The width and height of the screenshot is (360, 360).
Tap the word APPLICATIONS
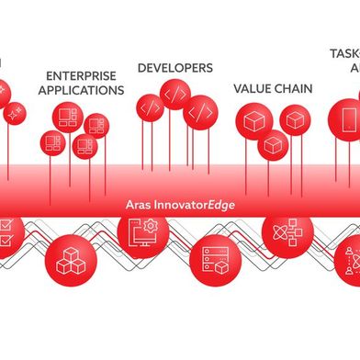[82, 91]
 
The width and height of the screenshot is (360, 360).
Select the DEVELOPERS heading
[174, 68]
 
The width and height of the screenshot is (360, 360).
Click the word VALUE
[252, 88]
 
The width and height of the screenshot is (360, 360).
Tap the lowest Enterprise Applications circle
[84, 146]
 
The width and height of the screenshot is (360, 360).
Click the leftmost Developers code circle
[152, 107]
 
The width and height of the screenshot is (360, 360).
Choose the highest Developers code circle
[174, 94]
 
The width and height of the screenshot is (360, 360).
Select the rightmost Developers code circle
[201, 112]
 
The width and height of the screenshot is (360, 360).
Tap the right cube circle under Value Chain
[294, 118]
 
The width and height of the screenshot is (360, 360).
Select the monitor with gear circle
[139, 234]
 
